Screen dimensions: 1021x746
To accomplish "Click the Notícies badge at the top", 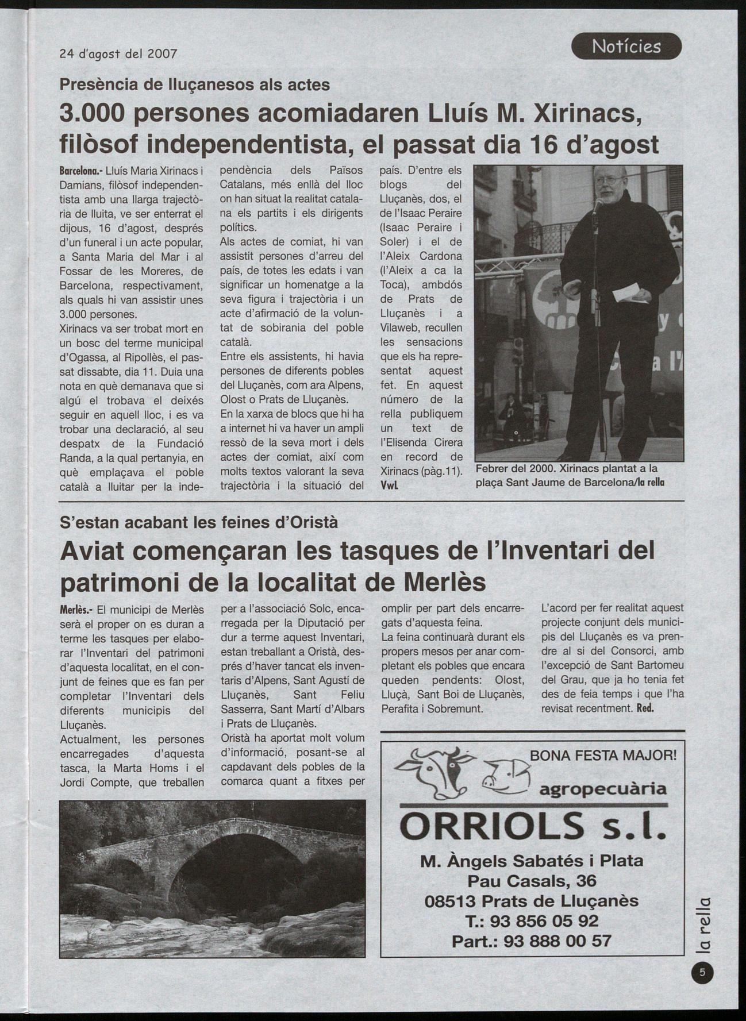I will coord(626,47).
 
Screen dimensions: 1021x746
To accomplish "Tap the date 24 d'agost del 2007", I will coord(118,54).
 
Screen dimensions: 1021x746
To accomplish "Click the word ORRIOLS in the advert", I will coord(491,827).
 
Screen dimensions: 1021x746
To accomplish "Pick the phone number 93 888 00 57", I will coord(557,941).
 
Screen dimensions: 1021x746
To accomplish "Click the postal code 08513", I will coord(451,901).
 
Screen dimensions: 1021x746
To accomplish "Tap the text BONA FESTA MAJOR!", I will coord(603,755).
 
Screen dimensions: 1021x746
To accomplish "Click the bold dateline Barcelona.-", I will coord(81,171).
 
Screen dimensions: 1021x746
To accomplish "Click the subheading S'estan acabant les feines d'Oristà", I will coord(199,522).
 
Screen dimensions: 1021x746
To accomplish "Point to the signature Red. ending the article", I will coord(645,708).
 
